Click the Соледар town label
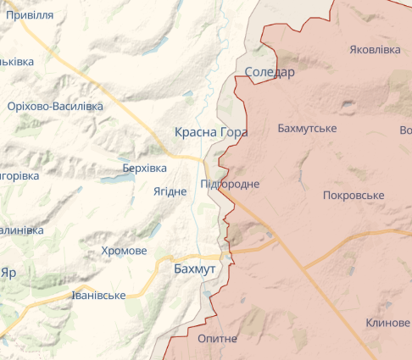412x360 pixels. [x=270, y=73]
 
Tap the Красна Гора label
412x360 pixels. [x=211, y=132]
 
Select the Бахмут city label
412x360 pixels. [x=194, y=269]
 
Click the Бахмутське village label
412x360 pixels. [x=307, y=129]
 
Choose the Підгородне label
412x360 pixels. [x=230, y=184]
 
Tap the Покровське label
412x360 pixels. [x=354, y=196]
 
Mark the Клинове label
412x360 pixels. [x=387, y=324]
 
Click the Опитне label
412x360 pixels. [x=217, y=338]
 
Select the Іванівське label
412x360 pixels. [x=98, y=296]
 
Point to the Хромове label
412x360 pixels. [x=124, y=252]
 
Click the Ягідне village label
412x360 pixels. [x=170, y=191]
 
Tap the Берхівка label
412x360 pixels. [x=144, y=169]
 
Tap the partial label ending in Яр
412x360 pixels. [x=8, y=274]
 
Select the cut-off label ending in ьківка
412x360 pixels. [x=16, y=62]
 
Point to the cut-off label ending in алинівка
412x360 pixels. [x=21, y=230]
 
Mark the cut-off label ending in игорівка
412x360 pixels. [x=19, y=175]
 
